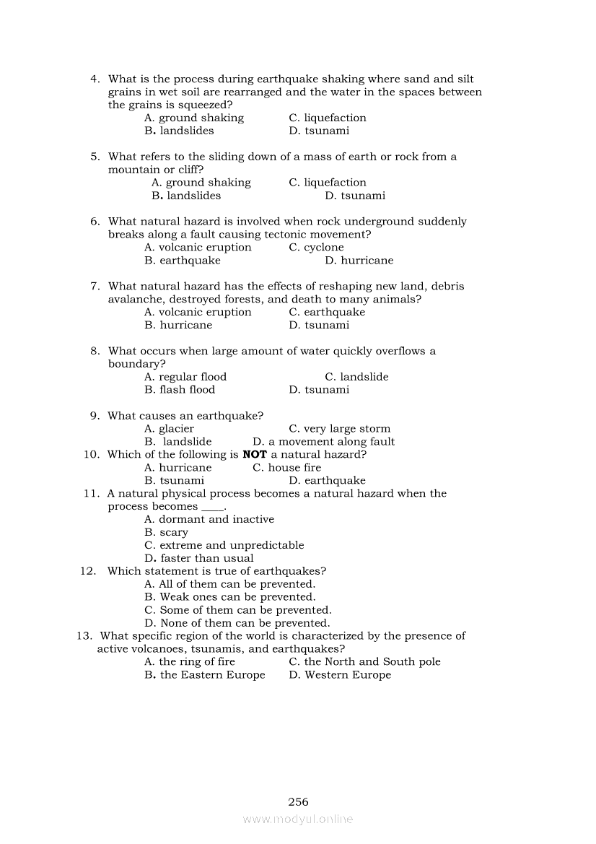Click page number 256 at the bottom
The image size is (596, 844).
coord(298,801)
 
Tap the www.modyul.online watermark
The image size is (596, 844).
coord(298,819)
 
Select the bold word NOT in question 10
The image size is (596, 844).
coord(255,455)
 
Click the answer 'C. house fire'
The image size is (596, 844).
coord(286,468)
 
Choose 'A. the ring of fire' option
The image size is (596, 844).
coord(190,662)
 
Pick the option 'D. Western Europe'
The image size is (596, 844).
coord(340,675)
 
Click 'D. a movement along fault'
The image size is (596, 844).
coord(323,442)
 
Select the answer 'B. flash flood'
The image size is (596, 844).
coord(180,390)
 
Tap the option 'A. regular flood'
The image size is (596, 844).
coord(185,377)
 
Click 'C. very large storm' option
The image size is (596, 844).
coord(339,429)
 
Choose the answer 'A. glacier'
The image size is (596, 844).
coord(169,429)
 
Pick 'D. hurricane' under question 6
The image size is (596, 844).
coord(359,261)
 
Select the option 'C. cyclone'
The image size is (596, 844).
coord(316,248)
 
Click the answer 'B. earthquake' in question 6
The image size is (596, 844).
coord(183,261)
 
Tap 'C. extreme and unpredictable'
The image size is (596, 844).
coord(224,546)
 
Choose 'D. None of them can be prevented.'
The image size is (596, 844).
coord(237,623)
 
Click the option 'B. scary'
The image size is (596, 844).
coord(166,533)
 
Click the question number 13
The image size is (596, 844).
coord(84,636)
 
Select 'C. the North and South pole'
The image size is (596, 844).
coord(364,662)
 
